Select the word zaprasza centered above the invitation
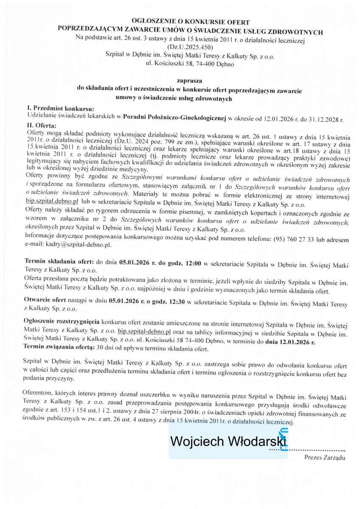pyautogui.click(x=190, y=80)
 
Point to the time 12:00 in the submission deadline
pyautogui.click(x=193, y=263)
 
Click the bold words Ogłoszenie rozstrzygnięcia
pyautogui.click(x=62, y=320)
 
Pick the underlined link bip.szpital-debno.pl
pyautogui.click(x=144, y=331)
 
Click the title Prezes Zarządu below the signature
pyautogui.click(x=325, y=457)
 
